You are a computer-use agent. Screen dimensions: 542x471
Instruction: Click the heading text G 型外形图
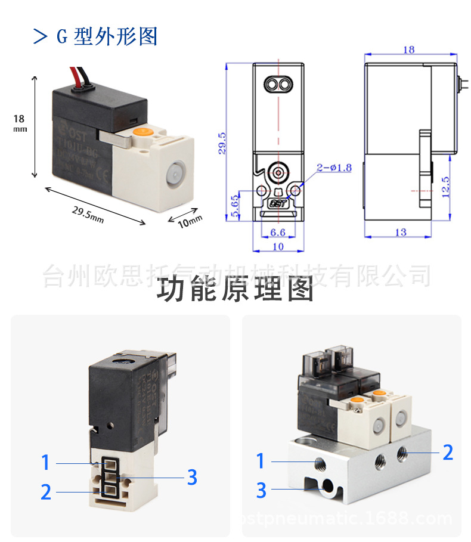(x=106, y=36)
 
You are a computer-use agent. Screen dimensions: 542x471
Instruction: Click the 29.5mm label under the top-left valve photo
(x=88, y=213)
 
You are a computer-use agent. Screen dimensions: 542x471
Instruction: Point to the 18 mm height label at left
(x=20, y=122)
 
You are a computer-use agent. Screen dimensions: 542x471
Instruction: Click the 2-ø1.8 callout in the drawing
(x=334, y=168)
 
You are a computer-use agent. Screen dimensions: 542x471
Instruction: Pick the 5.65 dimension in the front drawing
(x=234, y=204)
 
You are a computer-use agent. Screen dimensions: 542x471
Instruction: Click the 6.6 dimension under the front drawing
(x=278, y=232)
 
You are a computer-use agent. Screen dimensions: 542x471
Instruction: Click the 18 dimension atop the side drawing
(x=408, y=50)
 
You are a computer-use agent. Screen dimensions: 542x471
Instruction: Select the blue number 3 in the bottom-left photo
(x=191, y=477)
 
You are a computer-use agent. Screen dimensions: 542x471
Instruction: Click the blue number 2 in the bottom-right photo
(x=448, y=453)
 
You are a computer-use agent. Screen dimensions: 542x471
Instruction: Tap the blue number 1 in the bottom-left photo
(x=45, y=462)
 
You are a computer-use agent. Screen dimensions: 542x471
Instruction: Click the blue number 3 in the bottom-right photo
(x=261, y=490)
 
